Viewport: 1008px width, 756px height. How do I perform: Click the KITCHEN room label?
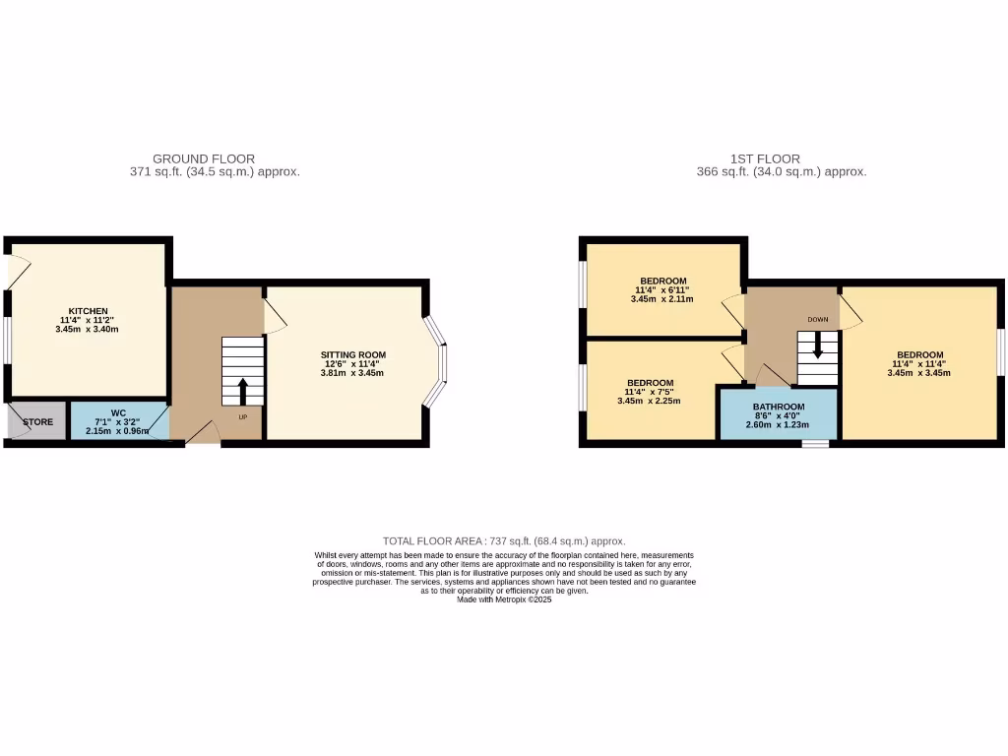(88, 311)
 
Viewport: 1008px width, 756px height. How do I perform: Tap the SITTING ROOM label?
(352, 355)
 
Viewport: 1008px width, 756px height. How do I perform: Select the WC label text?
(117, 412)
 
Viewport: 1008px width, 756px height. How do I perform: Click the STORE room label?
(37, 421)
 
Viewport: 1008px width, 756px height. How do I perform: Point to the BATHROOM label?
(779, 407)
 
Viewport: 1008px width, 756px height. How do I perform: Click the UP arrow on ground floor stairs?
(243, 391)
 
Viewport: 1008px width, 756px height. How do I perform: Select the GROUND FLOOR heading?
(204, 158)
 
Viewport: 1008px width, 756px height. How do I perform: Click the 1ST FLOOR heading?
(765, 158)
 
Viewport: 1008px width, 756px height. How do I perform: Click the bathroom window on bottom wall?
(814, 444)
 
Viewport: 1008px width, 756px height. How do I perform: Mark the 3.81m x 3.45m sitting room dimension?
(352, 374)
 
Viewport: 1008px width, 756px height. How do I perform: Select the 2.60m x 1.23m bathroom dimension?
(779, 426)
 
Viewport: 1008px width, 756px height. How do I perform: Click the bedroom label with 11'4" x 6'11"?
(662, 281)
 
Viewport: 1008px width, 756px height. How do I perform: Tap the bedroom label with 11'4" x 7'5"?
(651, 383)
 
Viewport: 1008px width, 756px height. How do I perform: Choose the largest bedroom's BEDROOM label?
(919, 355)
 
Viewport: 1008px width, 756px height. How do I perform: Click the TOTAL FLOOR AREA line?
(504, 541)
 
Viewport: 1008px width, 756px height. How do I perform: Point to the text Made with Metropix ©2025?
(504, 599)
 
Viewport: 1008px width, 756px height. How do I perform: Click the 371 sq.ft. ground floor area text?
(215, 171)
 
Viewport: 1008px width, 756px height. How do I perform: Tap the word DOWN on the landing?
(817, 320)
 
